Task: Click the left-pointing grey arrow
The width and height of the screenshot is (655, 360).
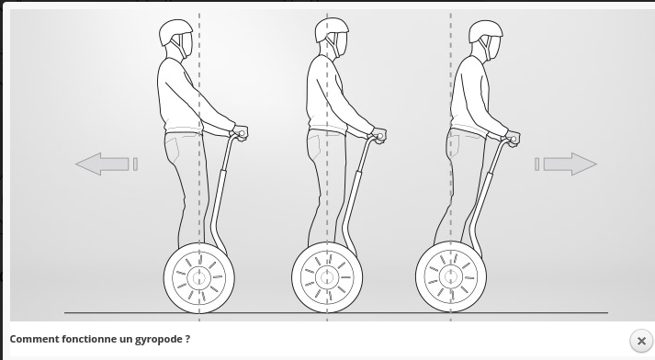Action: click(102, 163)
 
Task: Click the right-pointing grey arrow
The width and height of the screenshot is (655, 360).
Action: click(570, 163)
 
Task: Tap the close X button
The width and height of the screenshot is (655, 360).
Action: click(641, 341)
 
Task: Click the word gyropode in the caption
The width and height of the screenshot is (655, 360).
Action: click(158, 339)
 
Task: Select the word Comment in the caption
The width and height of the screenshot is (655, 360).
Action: click(34, 339)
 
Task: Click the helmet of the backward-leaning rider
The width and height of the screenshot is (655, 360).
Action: click(175, 31)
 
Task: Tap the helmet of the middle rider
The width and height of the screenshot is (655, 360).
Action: click(332, 29)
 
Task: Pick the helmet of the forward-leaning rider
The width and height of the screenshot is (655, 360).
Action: click(485, 30)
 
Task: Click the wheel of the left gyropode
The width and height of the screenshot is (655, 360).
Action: click(198, 277)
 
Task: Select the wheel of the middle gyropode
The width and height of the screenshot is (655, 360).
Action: click(327, 277)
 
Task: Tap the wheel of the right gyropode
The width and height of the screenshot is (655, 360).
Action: click(451, 276)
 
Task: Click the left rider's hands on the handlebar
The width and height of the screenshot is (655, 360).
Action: click(240, 133)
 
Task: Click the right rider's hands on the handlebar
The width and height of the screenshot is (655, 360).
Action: click(512, 139)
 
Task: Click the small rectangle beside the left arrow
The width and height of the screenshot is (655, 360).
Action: click(135, 164)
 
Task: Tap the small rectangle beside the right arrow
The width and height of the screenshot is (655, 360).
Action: click(537, 164)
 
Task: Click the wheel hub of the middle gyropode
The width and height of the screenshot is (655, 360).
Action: click(327, 277)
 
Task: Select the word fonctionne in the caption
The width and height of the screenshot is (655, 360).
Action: click(89, 339)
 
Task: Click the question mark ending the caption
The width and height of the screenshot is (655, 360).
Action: click(187, 339)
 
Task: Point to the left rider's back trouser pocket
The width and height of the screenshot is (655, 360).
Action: click(172, 147)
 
